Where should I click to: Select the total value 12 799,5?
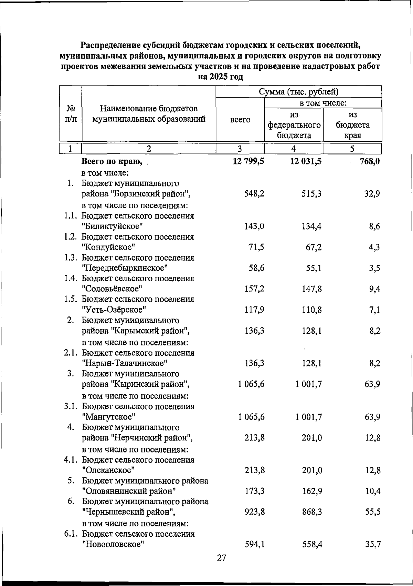(x=248, y=161)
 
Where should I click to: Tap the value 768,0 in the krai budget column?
(x=369, y=161)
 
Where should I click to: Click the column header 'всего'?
(x=240, y=120)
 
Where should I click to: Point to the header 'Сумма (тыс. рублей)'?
(x=298, y=92)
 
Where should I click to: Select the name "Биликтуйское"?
(x=113, y=226)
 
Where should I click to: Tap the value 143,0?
(x=254, y=226)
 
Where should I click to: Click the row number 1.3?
(x=72, y=258)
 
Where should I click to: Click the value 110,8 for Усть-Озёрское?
(x=312, y=310)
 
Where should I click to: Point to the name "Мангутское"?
(x=108, y=417)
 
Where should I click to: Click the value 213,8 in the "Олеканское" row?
(x=255, y=470)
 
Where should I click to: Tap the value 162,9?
(x=312, y=491)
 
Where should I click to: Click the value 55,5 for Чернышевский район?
(x=373, y=512)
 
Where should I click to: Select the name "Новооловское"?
(x=113, y=544)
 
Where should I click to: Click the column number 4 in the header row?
(x=293, y=149)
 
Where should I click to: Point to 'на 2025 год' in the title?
(x=221, y=77)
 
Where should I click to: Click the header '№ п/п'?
(x=71, y=114)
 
